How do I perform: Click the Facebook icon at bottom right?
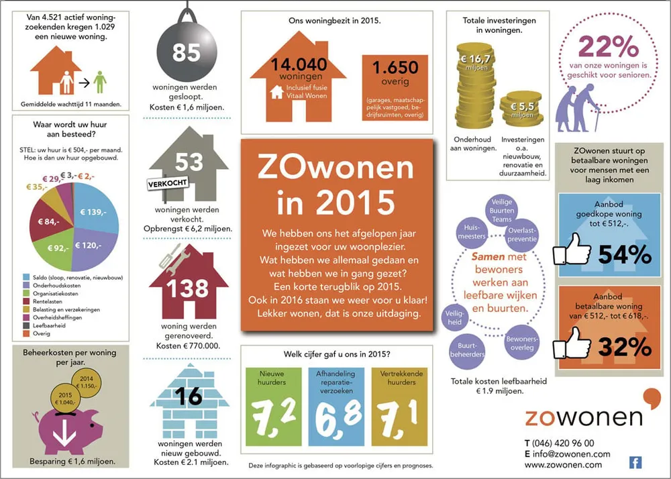(x=635, y=462)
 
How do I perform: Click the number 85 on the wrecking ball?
(x=187, y=52)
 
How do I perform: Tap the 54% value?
(x=624, y=254)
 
